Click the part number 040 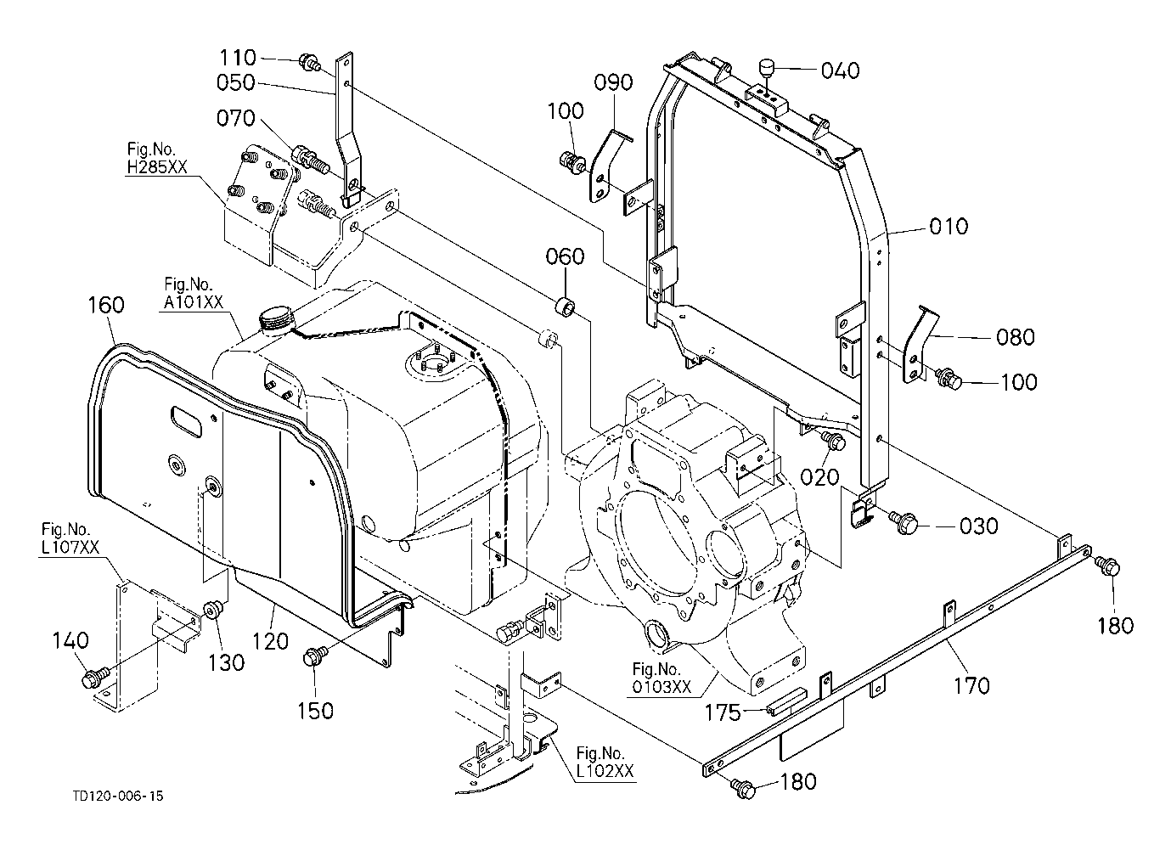[840, 70]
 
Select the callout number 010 [949, 227]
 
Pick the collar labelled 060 [565, 307]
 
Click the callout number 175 [723, 712]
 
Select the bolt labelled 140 [94, 677]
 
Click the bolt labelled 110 [310, 62]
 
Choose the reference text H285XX [157, 166]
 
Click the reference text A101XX [194, 302]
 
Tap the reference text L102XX [605, 771]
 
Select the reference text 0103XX [662, 687]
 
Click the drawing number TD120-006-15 [118, 797]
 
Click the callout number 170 [971, 685]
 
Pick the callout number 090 [613, 82]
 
